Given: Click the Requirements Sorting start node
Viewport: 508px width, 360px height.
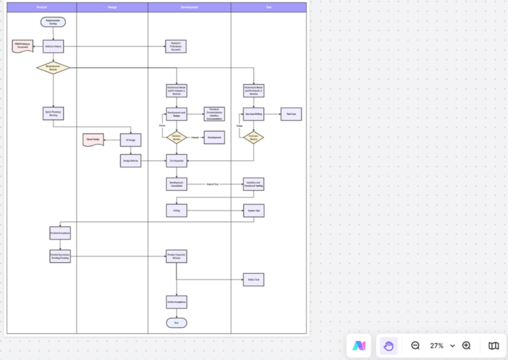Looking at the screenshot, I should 53,22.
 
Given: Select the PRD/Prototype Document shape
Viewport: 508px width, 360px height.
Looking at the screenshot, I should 23,46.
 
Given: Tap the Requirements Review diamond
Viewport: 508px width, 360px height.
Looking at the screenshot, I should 53,68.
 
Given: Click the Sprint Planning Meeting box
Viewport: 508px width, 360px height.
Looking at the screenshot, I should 53,114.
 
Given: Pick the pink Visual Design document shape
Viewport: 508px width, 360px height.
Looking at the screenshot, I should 93,140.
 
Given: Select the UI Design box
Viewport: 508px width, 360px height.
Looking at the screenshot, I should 130,140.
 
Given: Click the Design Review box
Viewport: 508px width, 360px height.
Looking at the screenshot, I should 130,160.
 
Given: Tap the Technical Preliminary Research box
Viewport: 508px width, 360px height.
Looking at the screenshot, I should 176,47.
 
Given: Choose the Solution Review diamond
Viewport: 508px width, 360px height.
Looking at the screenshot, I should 176,137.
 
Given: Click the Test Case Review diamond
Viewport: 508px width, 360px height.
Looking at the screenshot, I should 254,137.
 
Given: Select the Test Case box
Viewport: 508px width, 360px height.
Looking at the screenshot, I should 291,114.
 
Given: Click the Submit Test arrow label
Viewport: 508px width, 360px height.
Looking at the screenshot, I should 212,184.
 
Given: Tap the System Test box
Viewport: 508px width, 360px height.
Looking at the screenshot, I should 254,210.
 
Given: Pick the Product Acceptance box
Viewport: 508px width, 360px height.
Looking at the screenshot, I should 60,233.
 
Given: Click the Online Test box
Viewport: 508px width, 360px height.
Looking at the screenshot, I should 254,280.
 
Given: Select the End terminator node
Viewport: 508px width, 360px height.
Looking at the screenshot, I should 176,322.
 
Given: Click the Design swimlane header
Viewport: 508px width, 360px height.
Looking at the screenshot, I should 112,7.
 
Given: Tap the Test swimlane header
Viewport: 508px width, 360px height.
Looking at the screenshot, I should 268,7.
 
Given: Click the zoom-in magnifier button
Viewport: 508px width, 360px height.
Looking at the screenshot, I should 466,345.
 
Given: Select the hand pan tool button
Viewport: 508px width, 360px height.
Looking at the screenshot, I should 388,345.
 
